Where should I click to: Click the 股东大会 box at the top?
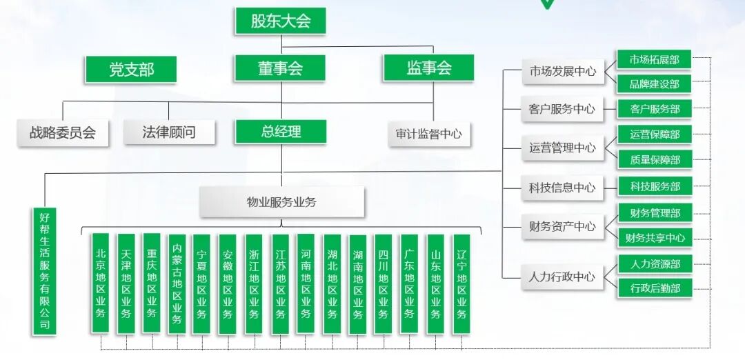(280, 21)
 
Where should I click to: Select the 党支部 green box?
(131, 69)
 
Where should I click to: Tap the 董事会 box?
(280, 68)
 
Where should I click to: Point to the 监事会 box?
(428, 68)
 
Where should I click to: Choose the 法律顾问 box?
(169, 132)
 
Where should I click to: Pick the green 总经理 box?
(281, 132)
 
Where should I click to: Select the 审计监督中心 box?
(428, 134)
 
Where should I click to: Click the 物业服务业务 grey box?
(281, 203)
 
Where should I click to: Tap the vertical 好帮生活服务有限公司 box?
(45, 271)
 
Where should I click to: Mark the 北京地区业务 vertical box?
(101, 283)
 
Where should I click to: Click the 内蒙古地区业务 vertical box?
(177, 283)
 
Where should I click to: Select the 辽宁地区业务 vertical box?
(461, 283)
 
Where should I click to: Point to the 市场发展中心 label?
(562, 71)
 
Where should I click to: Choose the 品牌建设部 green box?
(654, 84)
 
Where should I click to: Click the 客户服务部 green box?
(654, 109)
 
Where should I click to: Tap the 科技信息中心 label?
(562, 188)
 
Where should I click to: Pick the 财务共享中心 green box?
(655, 238)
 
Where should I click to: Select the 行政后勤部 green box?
(655, 288)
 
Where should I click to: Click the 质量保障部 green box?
(654, 160)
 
